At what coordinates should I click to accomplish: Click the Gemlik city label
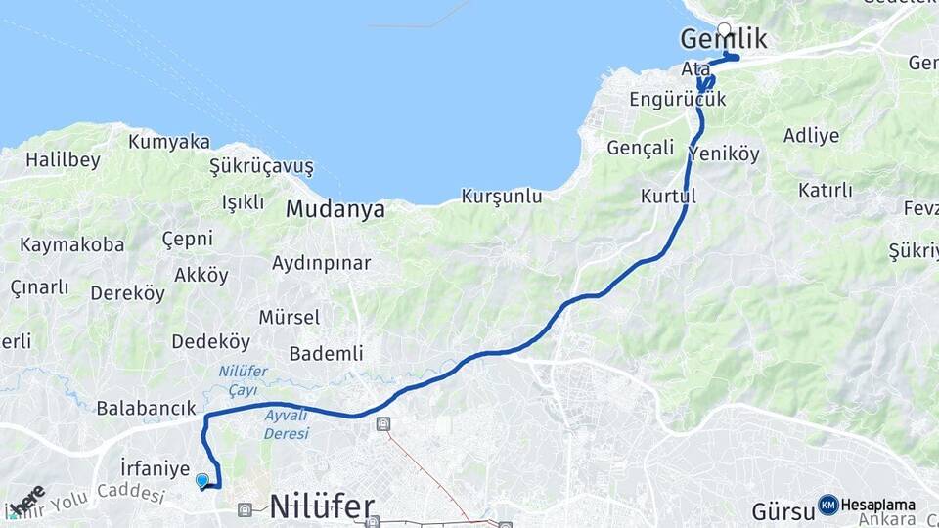(723, 40)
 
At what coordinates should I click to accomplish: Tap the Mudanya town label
(335, 210)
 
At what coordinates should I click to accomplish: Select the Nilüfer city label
(322, 506)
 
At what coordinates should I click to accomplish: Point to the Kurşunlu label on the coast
(502, 197)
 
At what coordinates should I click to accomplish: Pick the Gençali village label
(641, 148)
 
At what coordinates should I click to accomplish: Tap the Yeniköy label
(724, 154)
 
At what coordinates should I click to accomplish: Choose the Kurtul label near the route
(668, 197)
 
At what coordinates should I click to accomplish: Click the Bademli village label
(327, 353)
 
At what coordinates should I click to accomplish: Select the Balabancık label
(147, 409)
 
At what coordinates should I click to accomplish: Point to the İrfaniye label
(155, 468)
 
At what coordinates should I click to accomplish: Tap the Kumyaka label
(168, 142)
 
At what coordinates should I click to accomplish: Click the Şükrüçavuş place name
(261, 167)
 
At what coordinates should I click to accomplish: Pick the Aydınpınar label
(321, 264)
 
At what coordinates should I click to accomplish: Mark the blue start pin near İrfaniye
(202, 480)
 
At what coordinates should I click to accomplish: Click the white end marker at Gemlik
(724, 29)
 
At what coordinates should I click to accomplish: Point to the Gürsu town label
(782, 510)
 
